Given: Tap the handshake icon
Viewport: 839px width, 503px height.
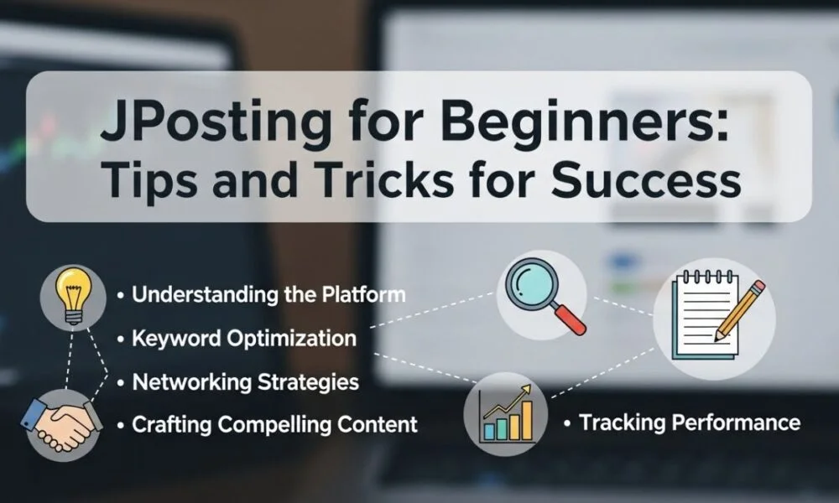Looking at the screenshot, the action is [61, 423].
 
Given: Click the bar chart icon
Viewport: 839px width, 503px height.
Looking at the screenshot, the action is [506, 413].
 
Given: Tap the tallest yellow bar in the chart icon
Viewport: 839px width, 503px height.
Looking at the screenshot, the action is [527, 421].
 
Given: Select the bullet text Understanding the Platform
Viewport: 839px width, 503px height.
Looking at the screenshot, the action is [268, 294].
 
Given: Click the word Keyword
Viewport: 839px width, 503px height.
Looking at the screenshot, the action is [176, 339].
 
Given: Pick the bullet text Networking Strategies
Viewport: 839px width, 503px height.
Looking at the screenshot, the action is [246, 382].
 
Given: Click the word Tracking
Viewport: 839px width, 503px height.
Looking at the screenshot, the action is [623, 423].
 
